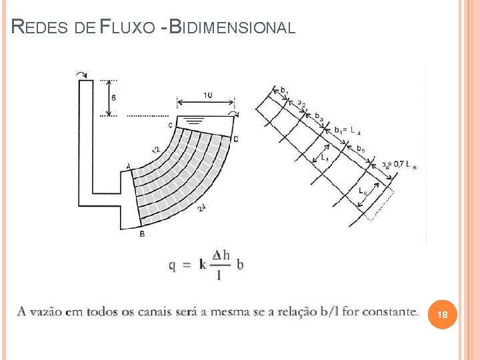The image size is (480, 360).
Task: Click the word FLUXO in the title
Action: pos(129,27)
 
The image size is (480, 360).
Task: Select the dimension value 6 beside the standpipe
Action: pos(113,97)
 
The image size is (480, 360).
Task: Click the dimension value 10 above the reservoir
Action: pos(207,95)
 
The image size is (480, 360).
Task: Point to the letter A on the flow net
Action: pos(127,166)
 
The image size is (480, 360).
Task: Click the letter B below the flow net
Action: pos(141,233)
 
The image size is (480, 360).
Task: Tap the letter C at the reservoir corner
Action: pos(170,125)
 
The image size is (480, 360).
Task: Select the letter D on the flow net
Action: pos(236,139)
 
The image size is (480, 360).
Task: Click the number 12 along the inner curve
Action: pos(156,151)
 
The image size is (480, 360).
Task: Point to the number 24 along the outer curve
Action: pos(201,209)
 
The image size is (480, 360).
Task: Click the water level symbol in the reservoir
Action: pos(195,121)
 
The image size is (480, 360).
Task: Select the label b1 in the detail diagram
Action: pos(284,90)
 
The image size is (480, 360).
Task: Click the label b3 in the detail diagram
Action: pos(319,118)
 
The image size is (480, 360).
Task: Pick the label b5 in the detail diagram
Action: pos(361,148)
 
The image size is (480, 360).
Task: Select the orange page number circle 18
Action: pos(443,314)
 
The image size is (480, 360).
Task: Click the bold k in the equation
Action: pos(203,264)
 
